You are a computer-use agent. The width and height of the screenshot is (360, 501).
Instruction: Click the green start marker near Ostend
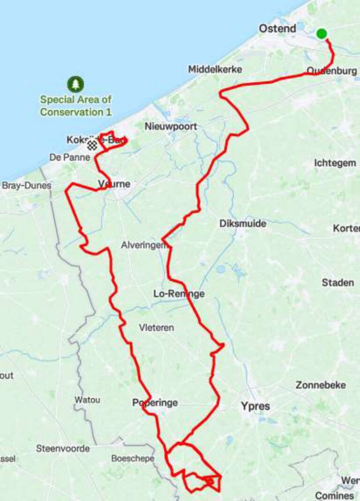point(321,34)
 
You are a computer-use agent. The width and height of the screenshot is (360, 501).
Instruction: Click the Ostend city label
point(277,29)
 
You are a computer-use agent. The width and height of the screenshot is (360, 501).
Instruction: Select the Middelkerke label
point(215,69)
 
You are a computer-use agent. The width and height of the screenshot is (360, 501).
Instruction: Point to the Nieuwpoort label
point(171,127)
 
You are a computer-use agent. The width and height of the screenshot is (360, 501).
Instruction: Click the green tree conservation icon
point(75,84)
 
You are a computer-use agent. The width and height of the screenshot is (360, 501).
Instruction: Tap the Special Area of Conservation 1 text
point(76,106)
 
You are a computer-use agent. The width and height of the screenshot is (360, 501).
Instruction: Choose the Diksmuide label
point(242,224)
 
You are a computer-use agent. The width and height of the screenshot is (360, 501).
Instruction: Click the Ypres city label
point(255,406)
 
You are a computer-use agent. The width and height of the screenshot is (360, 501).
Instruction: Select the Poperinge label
point(155,403)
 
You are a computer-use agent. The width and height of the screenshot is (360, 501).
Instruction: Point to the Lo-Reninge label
point(179,294)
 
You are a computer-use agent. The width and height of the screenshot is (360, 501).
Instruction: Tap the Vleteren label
point(156,328)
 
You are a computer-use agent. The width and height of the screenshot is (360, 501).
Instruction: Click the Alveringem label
point(143,245)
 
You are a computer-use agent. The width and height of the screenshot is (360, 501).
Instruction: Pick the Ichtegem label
point(335,163)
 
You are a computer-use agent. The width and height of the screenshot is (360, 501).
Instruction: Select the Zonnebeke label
point(321,385)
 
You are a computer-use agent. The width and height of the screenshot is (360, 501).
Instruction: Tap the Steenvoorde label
point(63,449)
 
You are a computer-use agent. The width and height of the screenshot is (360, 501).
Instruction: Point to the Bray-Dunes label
point(26,186)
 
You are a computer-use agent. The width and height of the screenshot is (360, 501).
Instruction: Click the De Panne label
point(69,157)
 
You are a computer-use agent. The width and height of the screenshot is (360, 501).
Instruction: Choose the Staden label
point(337,283)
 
